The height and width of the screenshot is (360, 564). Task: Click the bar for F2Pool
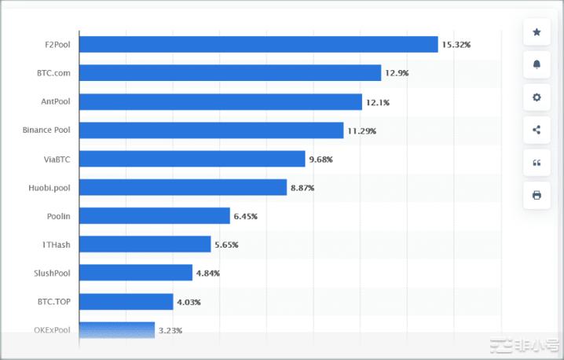pyautogui.click(x=258, y=45)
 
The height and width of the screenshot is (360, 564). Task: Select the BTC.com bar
pyautogui.click(x=230, y=73)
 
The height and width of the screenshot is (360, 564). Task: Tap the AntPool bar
pyautogui.click(x=221, y=102)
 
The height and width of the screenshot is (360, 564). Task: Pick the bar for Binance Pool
pyautogui.click(x=211, y=130)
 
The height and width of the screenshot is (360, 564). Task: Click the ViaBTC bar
pyautogui.click(x=192, y=159)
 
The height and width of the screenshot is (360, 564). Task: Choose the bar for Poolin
pyautogui.click(x=154, y=215)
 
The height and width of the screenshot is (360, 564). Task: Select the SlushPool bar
pyautogui.click(x=135, y=273)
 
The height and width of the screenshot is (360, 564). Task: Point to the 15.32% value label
pyautogui.click(x=456, y=45)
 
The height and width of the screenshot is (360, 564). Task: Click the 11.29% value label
pyautogui.click(x=361, y=130)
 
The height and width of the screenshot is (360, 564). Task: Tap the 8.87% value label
pyautogui.click(x=302, y=188)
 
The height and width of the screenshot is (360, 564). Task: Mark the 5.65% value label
pyautogui.click(x=226, y=245)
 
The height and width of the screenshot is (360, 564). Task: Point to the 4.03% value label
pyautogui.click(x=189, y=302)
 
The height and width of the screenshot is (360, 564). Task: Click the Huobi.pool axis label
pyautogui.click(x=48, y=188)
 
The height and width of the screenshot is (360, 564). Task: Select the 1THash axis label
pyautogui.click(x=56, y=244)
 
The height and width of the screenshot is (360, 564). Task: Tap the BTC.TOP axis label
pyautogui.click(x=53, y=302)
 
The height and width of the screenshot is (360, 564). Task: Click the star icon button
pyautogui.click(x=537, y=32)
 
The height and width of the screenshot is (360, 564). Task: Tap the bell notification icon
pyautogui.click(x=537, y=64)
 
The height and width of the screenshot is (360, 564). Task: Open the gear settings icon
pyautogui.click(x=537, y=97)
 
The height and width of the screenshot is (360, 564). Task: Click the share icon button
pyautogui.click(x=537, y=130)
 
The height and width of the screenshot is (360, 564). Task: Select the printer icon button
pyautogui.click(x=537, y=195)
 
